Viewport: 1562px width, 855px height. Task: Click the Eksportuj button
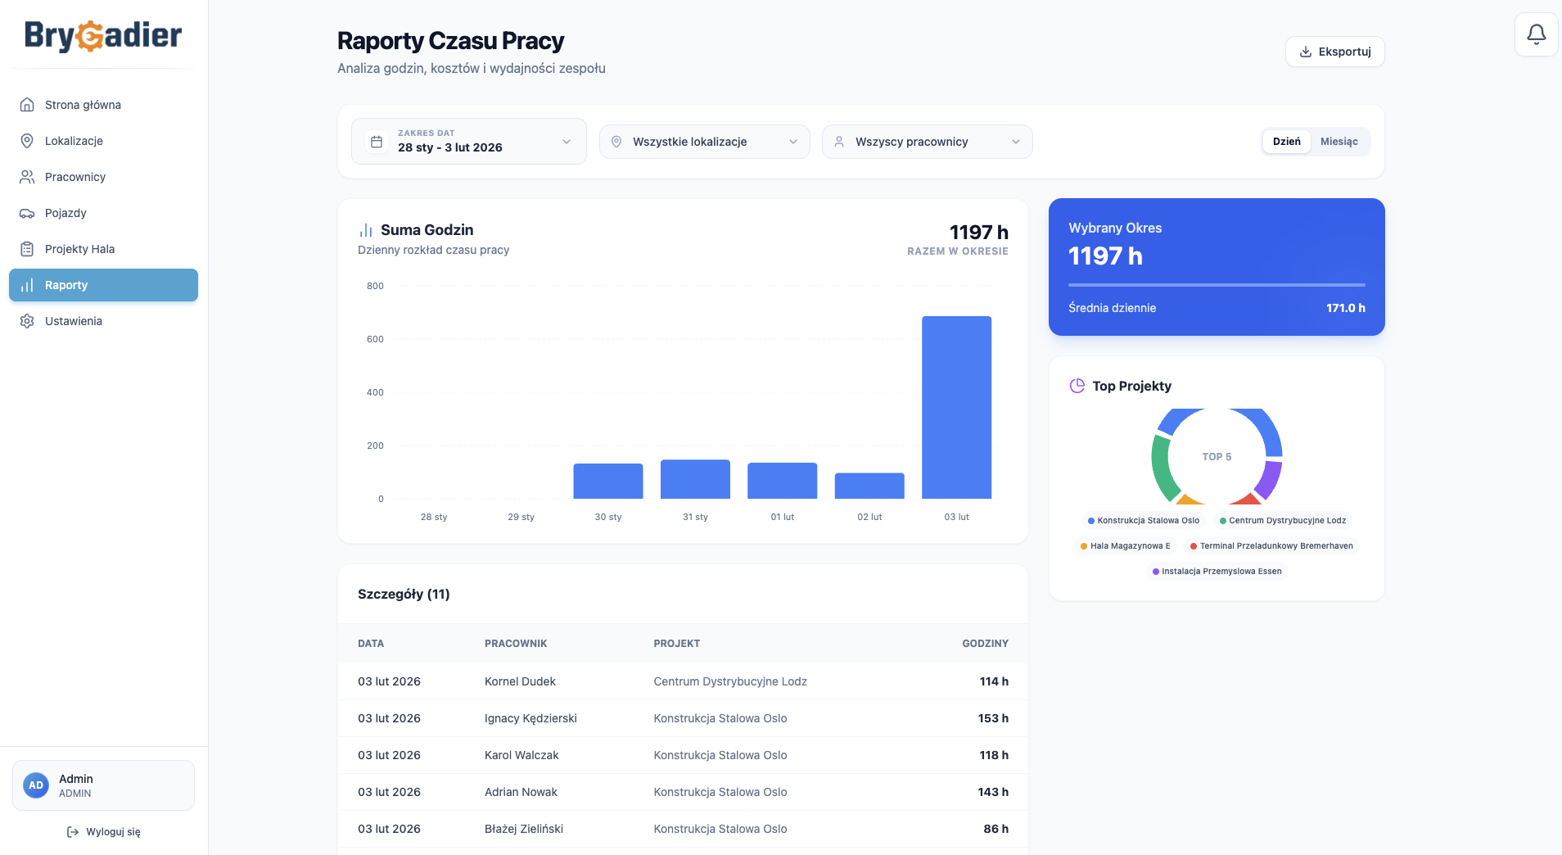(1334, 52)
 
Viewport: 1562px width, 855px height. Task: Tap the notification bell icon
(1536, 34)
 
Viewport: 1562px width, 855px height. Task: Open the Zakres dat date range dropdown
(469, 141)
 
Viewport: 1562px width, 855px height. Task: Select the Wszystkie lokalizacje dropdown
(704, 142)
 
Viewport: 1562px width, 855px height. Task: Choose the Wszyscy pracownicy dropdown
(927, 142)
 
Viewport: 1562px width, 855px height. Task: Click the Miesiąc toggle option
(1339, 142)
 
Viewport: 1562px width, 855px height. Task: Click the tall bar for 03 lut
(956, 407)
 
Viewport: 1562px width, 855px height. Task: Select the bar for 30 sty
(608, 481)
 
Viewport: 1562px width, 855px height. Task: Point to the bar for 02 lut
(869, 486)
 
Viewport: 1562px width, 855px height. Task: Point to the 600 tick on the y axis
(375, 339)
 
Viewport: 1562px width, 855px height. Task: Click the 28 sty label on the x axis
(434, 517)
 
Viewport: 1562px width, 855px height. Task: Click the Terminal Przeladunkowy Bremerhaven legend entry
(1271, 546)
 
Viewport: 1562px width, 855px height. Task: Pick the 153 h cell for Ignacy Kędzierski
(993, 718)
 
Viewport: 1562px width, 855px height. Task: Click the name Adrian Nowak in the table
(521, 792)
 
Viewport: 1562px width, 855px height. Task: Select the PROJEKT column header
(677, 644)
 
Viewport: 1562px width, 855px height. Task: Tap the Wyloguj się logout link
(103, 832)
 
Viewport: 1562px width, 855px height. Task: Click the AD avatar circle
(36, 785)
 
